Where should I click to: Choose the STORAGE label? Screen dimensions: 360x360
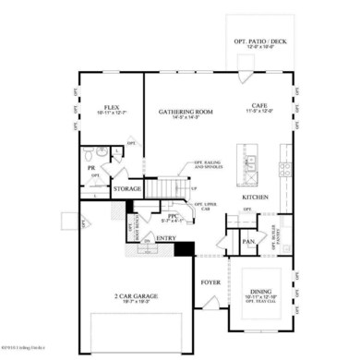click(126, 189)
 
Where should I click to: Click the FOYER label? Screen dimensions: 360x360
click(211, 282)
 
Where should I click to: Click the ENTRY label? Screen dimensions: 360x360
click(166, 238)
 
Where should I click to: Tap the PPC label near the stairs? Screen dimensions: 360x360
click(166, 214)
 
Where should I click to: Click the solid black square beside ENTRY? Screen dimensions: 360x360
click(184, 248)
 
